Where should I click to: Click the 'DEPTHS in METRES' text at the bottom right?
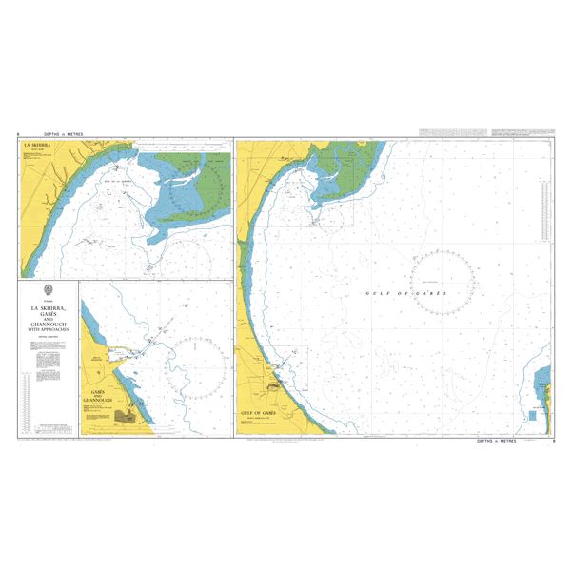tap(497, 442)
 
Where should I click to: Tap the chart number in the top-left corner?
tap(18, 135)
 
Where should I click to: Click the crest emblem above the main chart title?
tap(49, 290)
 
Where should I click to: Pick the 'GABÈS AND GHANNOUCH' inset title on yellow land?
tap(99, 397)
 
